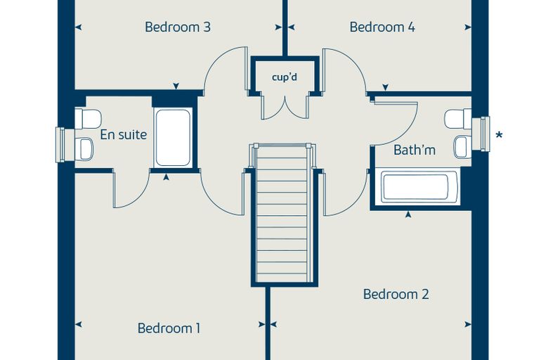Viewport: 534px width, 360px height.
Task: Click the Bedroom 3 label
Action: tap(178, 27)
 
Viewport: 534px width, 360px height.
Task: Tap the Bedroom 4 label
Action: tap(382, 27)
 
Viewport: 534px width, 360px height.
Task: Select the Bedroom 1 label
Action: tap(169, 328)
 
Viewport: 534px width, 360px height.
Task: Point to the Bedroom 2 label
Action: tap(396, 294)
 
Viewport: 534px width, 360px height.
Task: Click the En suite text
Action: tap(123, 135)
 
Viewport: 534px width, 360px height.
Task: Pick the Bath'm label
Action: tap(415, 150)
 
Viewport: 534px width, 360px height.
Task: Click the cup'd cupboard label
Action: tap(285, 77)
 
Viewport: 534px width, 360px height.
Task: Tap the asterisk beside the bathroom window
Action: tap(499, 135)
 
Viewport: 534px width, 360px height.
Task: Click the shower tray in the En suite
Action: tap(173, 138)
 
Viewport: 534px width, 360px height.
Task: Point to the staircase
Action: tap(282, 213)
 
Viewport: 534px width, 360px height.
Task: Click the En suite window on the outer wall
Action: tap(60, 145)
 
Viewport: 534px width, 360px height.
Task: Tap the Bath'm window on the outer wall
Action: tap(486, 134)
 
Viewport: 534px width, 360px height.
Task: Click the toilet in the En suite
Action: tap(88, 118)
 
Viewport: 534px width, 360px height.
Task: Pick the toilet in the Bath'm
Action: tap(458, 119)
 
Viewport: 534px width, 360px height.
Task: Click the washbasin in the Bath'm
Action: tap(462, 147)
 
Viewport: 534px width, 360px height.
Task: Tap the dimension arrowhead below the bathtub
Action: tap(408, 214)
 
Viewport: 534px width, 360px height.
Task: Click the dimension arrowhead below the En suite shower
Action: tap(166, 177)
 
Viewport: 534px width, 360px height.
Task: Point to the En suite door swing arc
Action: tap(138, 199)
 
